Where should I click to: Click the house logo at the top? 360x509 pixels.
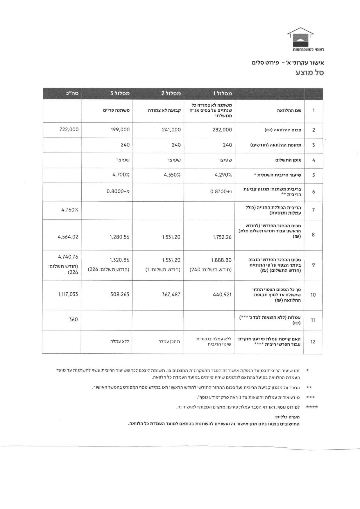pyautogui.click(x=300, y=37)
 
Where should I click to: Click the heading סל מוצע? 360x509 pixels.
pyautogui.click(x=310, y=72)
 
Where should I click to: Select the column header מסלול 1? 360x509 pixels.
pyautogui.click(x=223, y=93)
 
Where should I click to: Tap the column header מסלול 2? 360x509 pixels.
pyautogui.click(x=171, y=93)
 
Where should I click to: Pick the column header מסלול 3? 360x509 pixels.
pyautogui.click(x=120, y=93)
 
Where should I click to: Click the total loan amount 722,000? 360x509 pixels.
pyautogui.click(x=69, y=130)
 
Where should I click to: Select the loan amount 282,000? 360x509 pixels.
pyautogui.click(x=222, y=130)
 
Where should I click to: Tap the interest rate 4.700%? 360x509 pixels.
pyautogui.click(x=121, y=175)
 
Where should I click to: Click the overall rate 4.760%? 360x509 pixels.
pyautogui.click(x=70, y=210)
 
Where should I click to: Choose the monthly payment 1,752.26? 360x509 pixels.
pyautogui.click(x=222, y=237)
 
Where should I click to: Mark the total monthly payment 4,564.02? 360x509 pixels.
pyautogui.click(x=68, y=237)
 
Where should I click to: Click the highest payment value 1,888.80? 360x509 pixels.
pyautogui.click(x=221, y=260)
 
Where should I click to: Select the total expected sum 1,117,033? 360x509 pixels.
pyautogui.click(x=68, y=294)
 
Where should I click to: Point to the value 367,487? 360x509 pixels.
pyautogui.click(x=171, y=295)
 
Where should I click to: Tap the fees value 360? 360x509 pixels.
pyautogui.click(x=73, y=320)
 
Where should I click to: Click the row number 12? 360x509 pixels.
pyautogui.click(x=313, y=342)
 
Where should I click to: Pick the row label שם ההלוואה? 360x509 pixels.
pyautogui.click(x=289, y=110)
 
